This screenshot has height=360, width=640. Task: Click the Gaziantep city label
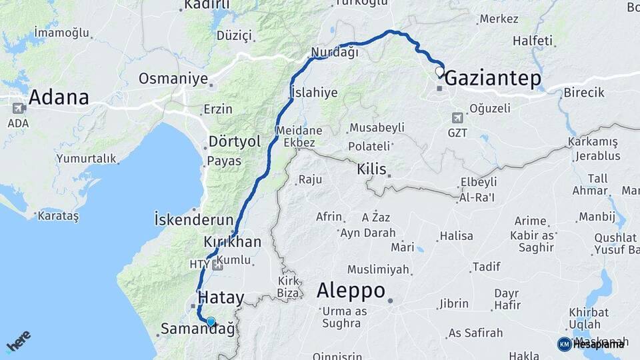(492, 78)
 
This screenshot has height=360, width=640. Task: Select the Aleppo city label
(351, 291)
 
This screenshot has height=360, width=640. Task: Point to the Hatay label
(221, 298)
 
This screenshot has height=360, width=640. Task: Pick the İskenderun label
(193, 219)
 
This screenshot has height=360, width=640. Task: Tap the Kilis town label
(372, 169)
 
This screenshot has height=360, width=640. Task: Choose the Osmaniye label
(173, 79)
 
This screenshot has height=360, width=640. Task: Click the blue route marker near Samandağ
(211, 322)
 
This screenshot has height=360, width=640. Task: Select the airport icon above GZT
(457, 118)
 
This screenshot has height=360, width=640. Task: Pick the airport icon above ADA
(18, 107)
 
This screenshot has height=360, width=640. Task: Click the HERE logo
(18, 341)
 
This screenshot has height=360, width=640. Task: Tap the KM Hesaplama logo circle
(564, 344)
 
